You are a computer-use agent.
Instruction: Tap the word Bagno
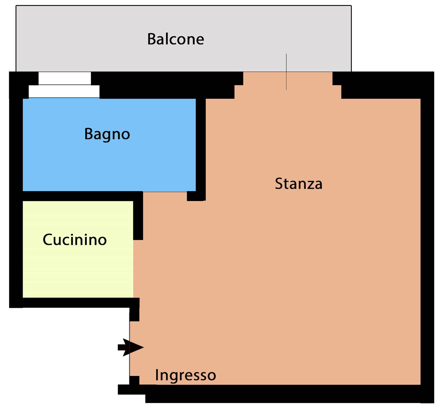click(x=107, y=134)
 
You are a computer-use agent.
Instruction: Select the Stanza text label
click(x=299, y=184)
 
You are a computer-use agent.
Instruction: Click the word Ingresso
click(x=186, y=376)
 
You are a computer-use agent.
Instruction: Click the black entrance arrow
click(x=131, y=347)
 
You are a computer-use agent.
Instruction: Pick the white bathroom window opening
click(x=64, y=85)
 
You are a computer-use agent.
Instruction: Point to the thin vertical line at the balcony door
click(x=286, y=72)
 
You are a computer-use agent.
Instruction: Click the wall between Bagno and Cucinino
click(x=80, y=196)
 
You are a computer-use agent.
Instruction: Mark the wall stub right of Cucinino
click(x=138, y=216)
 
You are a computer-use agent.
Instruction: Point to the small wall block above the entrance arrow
click(x=135, y=310)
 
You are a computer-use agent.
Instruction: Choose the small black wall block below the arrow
click(x=135, y=380)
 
